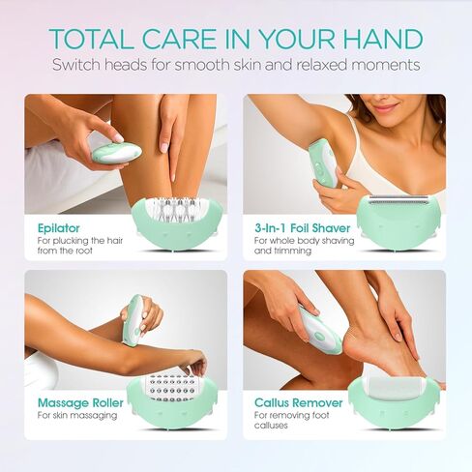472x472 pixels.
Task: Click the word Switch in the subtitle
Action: point(77,66)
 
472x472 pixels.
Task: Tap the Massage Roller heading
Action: point(79,402)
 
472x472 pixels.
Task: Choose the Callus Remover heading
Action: point(297,402)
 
